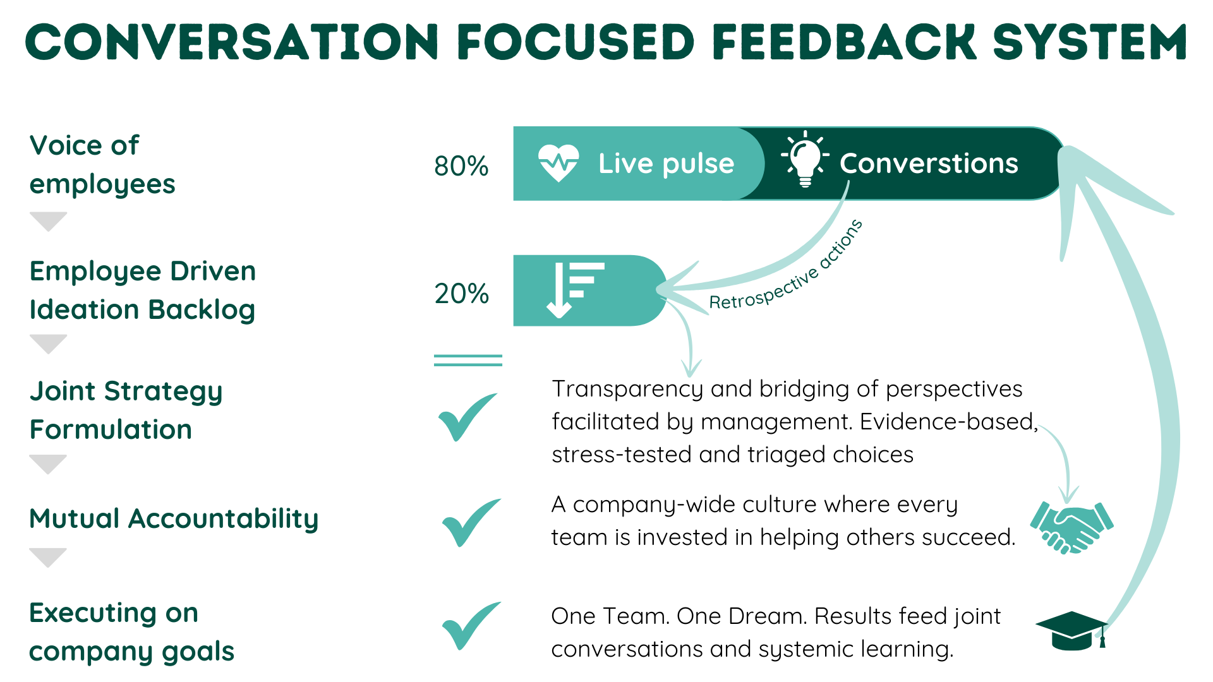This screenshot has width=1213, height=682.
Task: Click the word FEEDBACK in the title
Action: (x=845, y=42)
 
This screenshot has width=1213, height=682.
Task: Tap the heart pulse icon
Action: (x=558, y=163)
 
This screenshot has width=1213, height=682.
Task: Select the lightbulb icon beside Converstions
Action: (x=805, y=160)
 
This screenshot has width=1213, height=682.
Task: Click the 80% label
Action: (x=461, y=166)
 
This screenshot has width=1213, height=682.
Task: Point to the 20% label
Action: (x=461, y=294)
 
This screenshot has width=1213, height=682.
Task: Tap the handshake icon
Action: (x=1071, y=527)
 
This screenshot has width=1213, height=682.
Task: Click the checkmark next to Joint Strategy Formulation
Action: (x=468, y=416)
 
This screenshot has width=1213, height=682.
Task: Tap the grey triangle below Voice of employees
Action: (x=48, y=221)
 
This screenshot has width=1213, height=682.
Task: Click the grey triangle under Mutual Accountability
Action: (x=48, y=557)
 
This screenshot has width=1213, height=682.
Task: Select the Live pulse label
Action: (x=666, y=164)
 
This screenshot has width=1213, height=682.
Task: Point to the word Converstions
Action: (x=929, y=164)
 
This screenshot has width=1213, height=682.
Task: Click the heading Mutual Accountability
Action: (x=174, y=519)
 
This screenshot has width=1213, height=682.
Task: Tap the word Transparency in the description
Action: (x=627, y=390)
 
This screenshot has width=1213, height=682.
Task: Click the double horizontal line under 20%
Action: (x=468, y=360)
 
